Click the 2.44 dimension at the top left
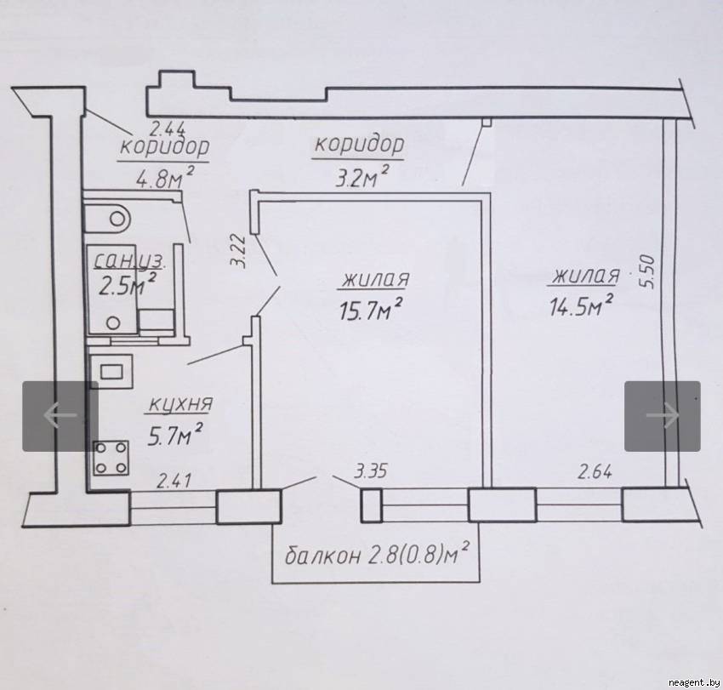[x=168, y=129]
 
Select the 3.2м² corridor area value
[x=357, y=178]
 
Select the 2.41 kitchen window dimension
[x=173, y=482]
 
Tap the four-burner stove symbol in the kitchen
[x=111, y=459]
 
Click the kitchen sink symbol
[x=111, y=370]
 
